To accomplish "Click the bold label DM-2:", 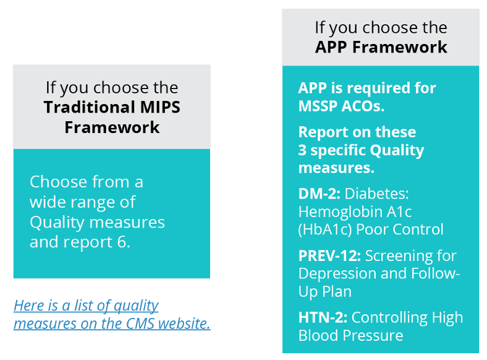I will (x=319, y=194).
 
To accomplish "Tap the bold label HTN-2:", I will (x=323, y=317).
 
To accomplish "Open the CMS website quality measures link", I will (x=112, y=314).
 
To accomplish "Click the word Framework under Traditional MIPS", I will (x=112, y=127).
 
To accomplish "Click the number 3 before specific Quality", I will (x=303, y=150).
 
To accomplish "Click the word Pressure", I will (x=374, y=335).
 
